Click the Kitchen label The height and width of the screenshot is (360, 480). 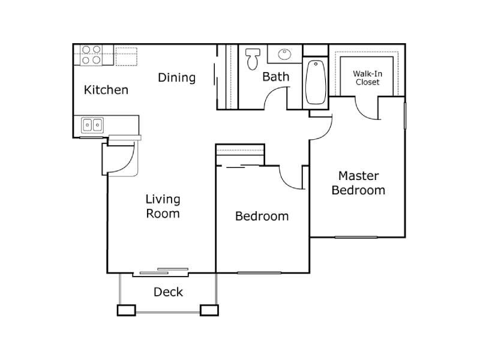[106, 90]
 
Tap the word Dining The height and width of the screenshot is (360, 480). [176, 77]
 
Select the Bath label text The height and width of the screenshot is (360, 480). [275, 76]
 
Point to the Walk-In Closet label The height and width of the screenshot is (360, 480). [367, 77]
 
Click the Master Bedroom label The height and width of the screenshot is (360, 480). [358, 183]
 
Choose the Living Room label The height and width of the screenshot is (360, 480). [163, 206]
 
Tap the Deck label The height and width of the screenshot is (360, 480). [168, 292]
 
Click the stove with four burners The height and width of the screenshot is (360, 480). [91, 55]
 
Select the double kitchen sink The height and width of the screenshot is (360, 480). [92, 125]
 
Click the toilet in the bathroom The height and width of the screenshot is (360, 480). [251, 58]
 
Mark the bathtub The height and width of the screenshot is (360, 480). [316, 82]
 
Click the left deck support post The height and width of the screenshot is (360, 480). [126, 310]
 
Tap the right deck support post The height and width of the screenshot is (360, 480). [209, 310]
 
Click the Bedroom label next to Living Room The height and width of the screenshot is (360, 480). [262, 216]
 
